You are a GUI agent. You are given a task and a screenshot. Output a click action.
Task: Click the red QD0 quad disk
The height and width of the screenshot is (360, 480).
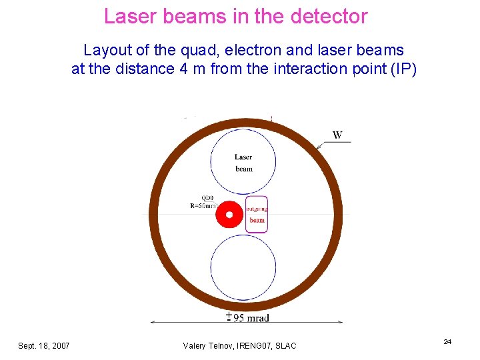pyautogui.click(x=222, y=215)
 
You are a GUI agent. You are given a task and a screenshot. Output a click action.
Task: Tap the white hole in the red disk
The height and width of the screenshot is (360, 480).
pyautogui.click(x=230, y=215)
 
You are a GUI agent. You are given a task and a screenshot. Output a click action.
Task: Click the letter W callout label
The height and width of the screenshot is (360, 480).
pyautogui.click(x=338, y=135)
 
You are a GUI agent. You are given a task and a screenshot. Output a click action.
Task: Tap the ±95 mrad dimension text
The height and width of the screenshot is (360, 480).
pyautogui.click(x=247, y=317)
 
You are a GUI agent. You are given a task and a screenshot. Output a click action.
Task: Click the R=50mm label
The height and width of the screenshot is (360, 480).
pyautogui.click(x=203, y=206)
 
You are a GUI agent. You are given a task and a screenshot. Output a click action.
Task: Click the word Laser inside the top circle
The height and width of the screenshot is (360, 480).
pyautogui.click(x=243, y=157)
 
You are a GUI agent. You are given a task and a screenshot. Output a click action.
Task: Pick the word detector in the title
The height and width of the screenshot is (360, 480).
pyautogui.click(x=329, y=16)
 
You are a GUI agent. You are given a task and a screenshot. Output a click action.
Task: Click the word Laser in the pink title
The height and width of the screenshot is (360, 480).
pyautogui.click(x=129, y=16)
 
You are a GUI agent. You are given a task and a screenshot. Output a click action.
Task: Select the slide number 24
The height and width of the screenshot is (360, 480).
pyautogui.click(x=447, y=342)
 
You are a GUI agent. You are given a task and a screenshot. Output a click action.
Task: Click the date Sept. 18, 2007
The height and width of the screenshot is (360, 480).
pyautogui.click(x=44, y=345)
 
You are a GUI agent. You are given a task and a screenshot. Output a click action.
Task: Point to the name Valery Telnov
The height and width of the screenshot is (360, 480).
pyautogui.click(x=207, y=345)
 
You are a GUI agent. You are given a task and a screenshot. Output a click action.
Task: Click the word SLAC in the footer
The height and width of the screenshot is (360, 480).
pyautogui.click(x=285, y=345)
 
